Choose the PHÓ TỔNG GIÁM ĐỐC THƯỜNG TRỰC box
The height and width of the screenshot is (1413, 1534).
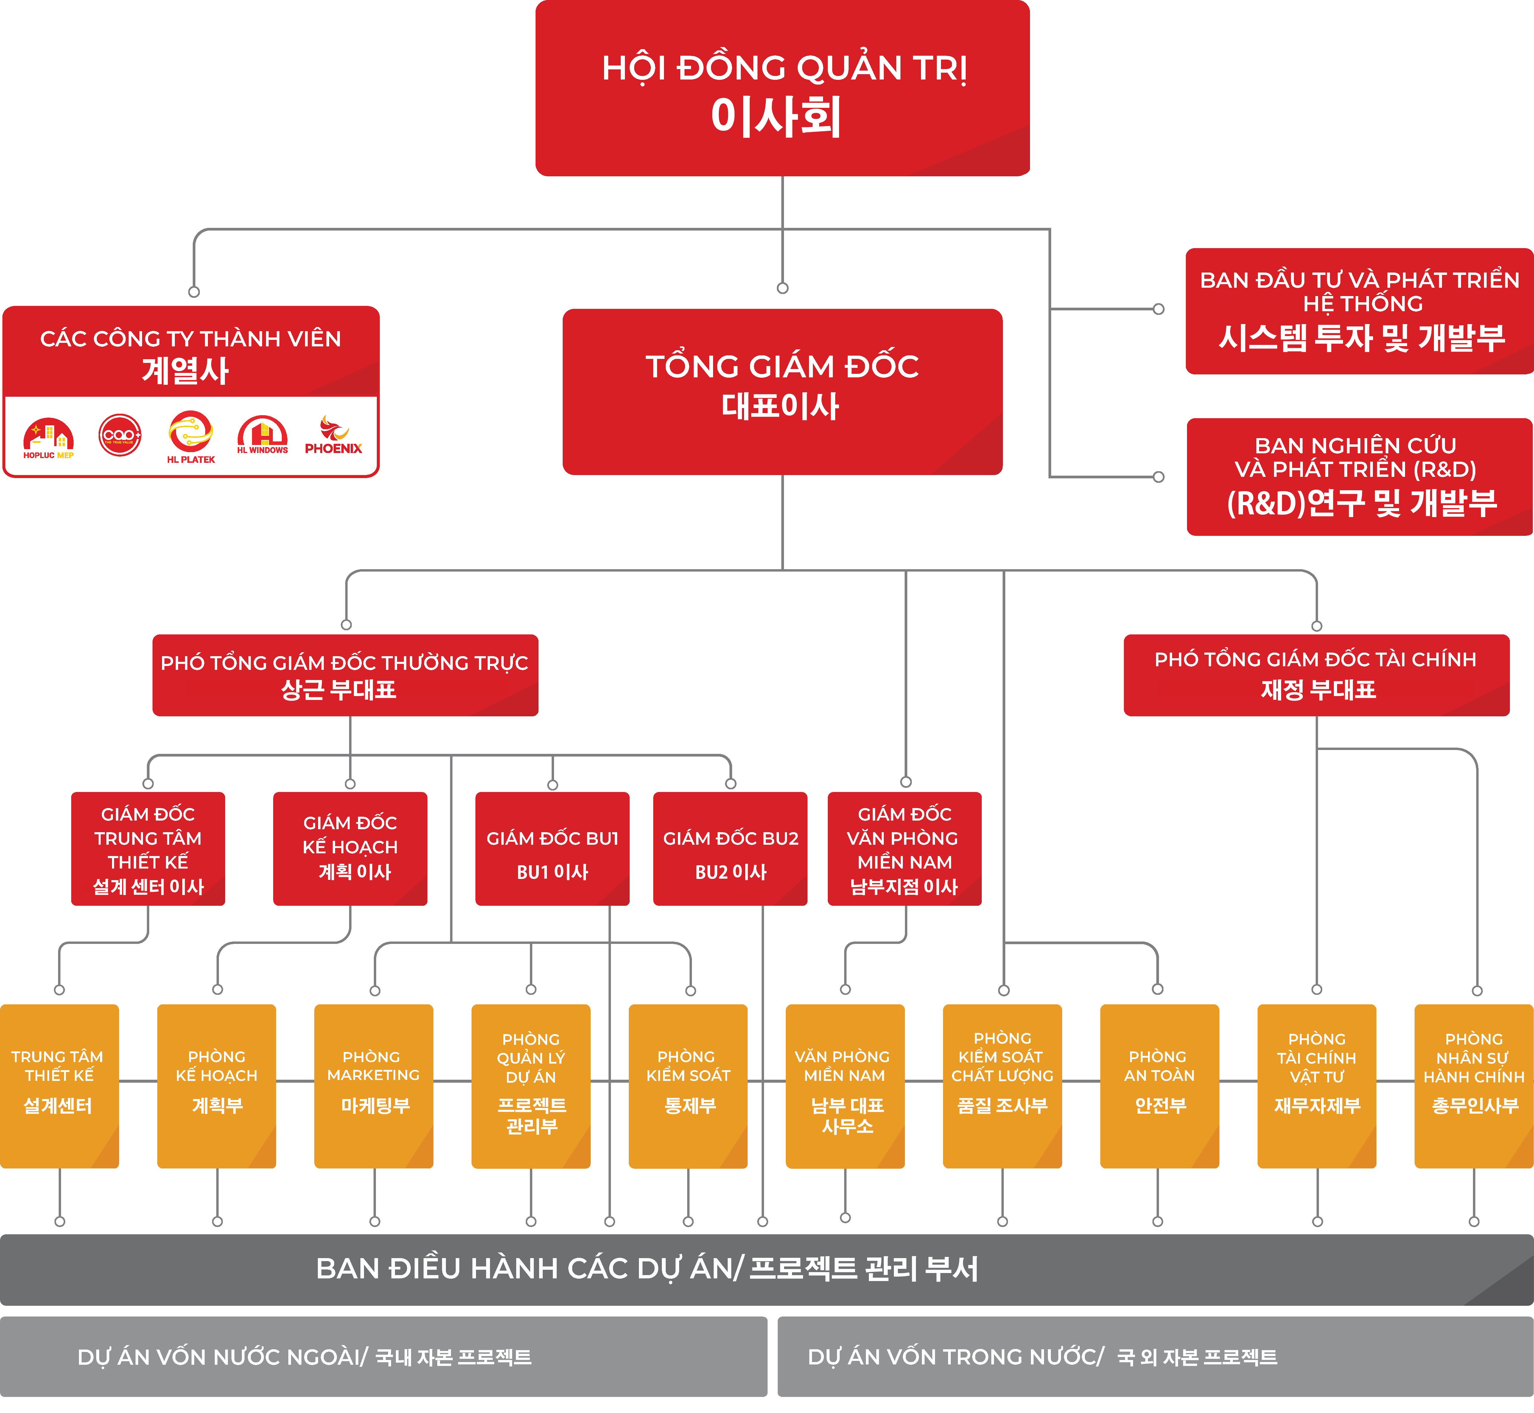(345, 675)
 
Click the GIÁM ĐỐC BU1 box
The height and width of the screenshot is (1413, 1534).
(552, 849)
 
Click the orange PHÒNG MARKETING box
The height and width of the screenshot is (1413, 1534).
(373, 1086)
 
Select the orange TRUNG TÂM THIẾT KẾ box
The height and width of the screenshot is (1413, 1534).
(59, 1086)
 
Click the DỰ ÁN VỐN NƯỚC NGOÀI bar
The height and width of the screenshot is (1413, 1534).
(382, 1356)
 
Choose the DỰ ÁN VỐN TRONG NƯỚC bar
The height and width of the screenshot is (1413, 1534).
(1155, 1356)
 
